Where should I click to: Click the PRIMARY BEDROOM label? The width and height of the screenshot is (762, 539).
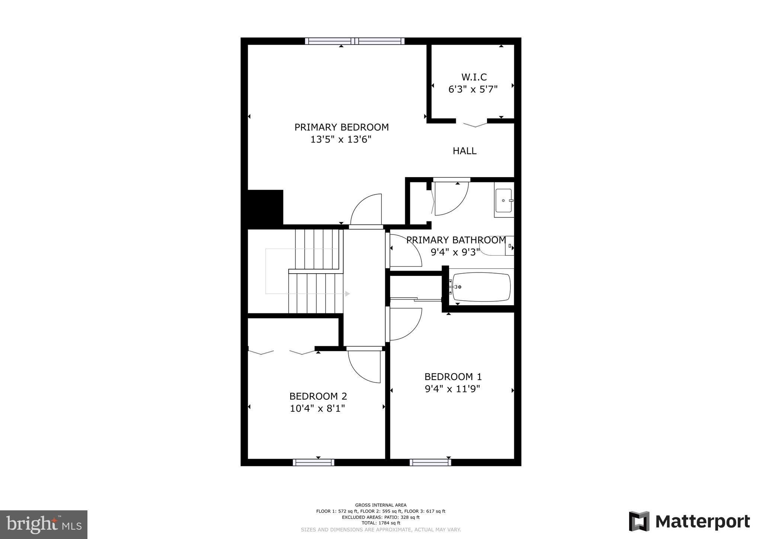[341, 127]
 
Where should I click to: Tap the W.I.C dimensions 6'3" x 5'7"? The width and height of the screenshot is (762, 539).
[473, 89]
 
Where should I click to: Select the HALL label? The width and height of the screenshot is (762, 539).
[464, 151]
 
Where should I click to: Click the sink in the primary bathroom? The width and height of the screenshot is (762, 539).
[503, 200]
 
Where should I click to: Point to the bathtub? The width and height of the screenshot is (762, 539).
[481, 287]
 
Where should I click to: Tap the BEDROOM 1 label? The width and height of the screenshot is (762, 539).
[452, 376]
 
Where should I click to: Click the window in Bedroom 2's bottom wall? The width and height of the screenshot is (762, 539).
[313, 462]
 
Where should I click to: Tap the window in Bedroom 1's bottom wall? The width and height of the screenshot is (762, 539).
[430, 462]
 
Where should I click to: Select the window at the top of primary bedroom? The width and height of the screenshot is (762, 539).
[355, 41]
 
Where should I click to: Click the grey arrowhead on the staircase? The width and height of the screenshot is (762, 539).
[348, 294]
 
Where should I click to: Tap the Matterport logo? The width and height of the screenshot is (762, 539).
[689, 522]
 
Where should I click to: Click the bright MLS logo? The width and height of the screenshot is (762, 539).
[44, 525]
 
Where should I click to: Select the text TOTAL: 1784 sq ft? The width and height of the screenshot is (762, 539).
[381, 523]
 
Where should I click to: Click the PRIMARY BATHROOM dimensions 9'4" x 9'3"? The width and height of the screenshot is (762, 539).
[455, 252]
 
